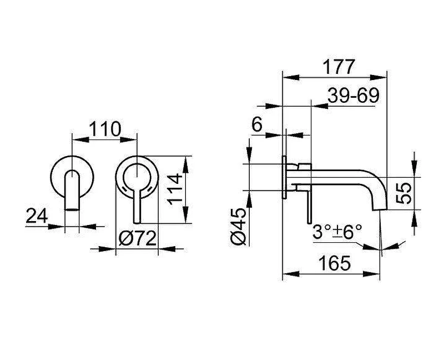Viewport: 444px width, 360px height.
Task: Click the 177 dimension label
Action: point(339,67)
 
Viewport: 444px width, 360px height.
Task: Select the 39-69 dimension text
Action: point(354,96)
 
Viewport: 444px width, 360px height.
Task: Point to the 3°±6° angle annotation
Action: point(337,232)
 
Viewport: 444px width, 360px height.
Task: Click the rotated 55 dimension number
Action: point(404,193)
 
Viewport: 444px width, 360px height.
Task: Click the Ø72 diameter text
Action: point(137,238)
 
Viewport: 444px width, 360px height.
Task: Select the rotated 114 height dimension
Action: point(175,189)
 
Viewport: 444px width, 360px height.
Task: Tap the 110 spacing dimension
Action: point(105,129)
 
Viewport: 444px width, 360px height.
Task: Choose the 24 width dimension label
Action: point(37,216)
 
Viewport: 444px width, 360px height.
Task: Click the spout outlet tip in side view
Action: point(379,209)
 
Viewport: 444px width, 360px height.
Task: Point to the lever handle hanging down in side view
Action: point(310,204)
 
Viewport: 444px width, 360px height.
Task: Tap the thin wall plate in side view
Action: point(284,177)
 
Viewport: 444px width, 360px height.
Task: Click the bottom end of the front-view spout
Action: point(72,209)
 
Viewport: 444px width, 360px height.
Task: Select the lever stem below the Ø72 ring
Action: point(137,208)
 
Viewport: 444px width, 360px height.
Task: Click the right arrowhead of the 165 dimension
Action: point(371,274)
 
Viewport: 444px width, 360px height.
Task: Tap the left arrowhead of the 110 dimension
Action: point(80,139)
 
